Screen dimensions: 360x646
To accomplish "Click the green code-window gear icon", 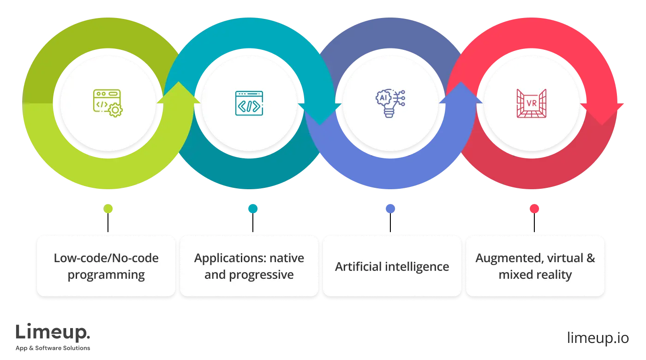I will coord(108,103).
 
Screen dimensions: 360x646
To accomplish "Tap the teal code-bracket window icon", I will coord(249,103).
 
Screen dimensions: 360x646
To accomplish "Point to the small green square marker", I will coord(108,209).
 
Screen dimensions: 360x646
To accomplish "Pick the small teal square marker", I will coord(252,209).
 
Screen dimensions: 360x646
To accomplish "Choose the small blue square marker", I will coord(390,209).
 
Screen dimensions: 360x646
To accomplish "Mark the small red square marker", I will coord(534,209).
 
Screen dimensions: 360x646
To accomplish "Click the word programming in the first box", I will coord(106,275).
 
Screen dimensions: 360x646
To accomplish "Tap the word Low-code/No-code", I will coord(106,258).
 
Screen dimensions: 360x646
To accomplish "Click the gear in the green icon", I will coord(115,110).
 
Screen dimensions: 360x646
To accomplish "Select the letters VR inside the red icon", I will coord(532,103).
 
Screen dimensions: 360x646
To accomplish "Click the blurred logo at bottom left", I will coord(54,336).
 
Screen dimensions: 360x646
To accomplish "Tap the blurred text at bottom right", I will coord(597,336).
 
